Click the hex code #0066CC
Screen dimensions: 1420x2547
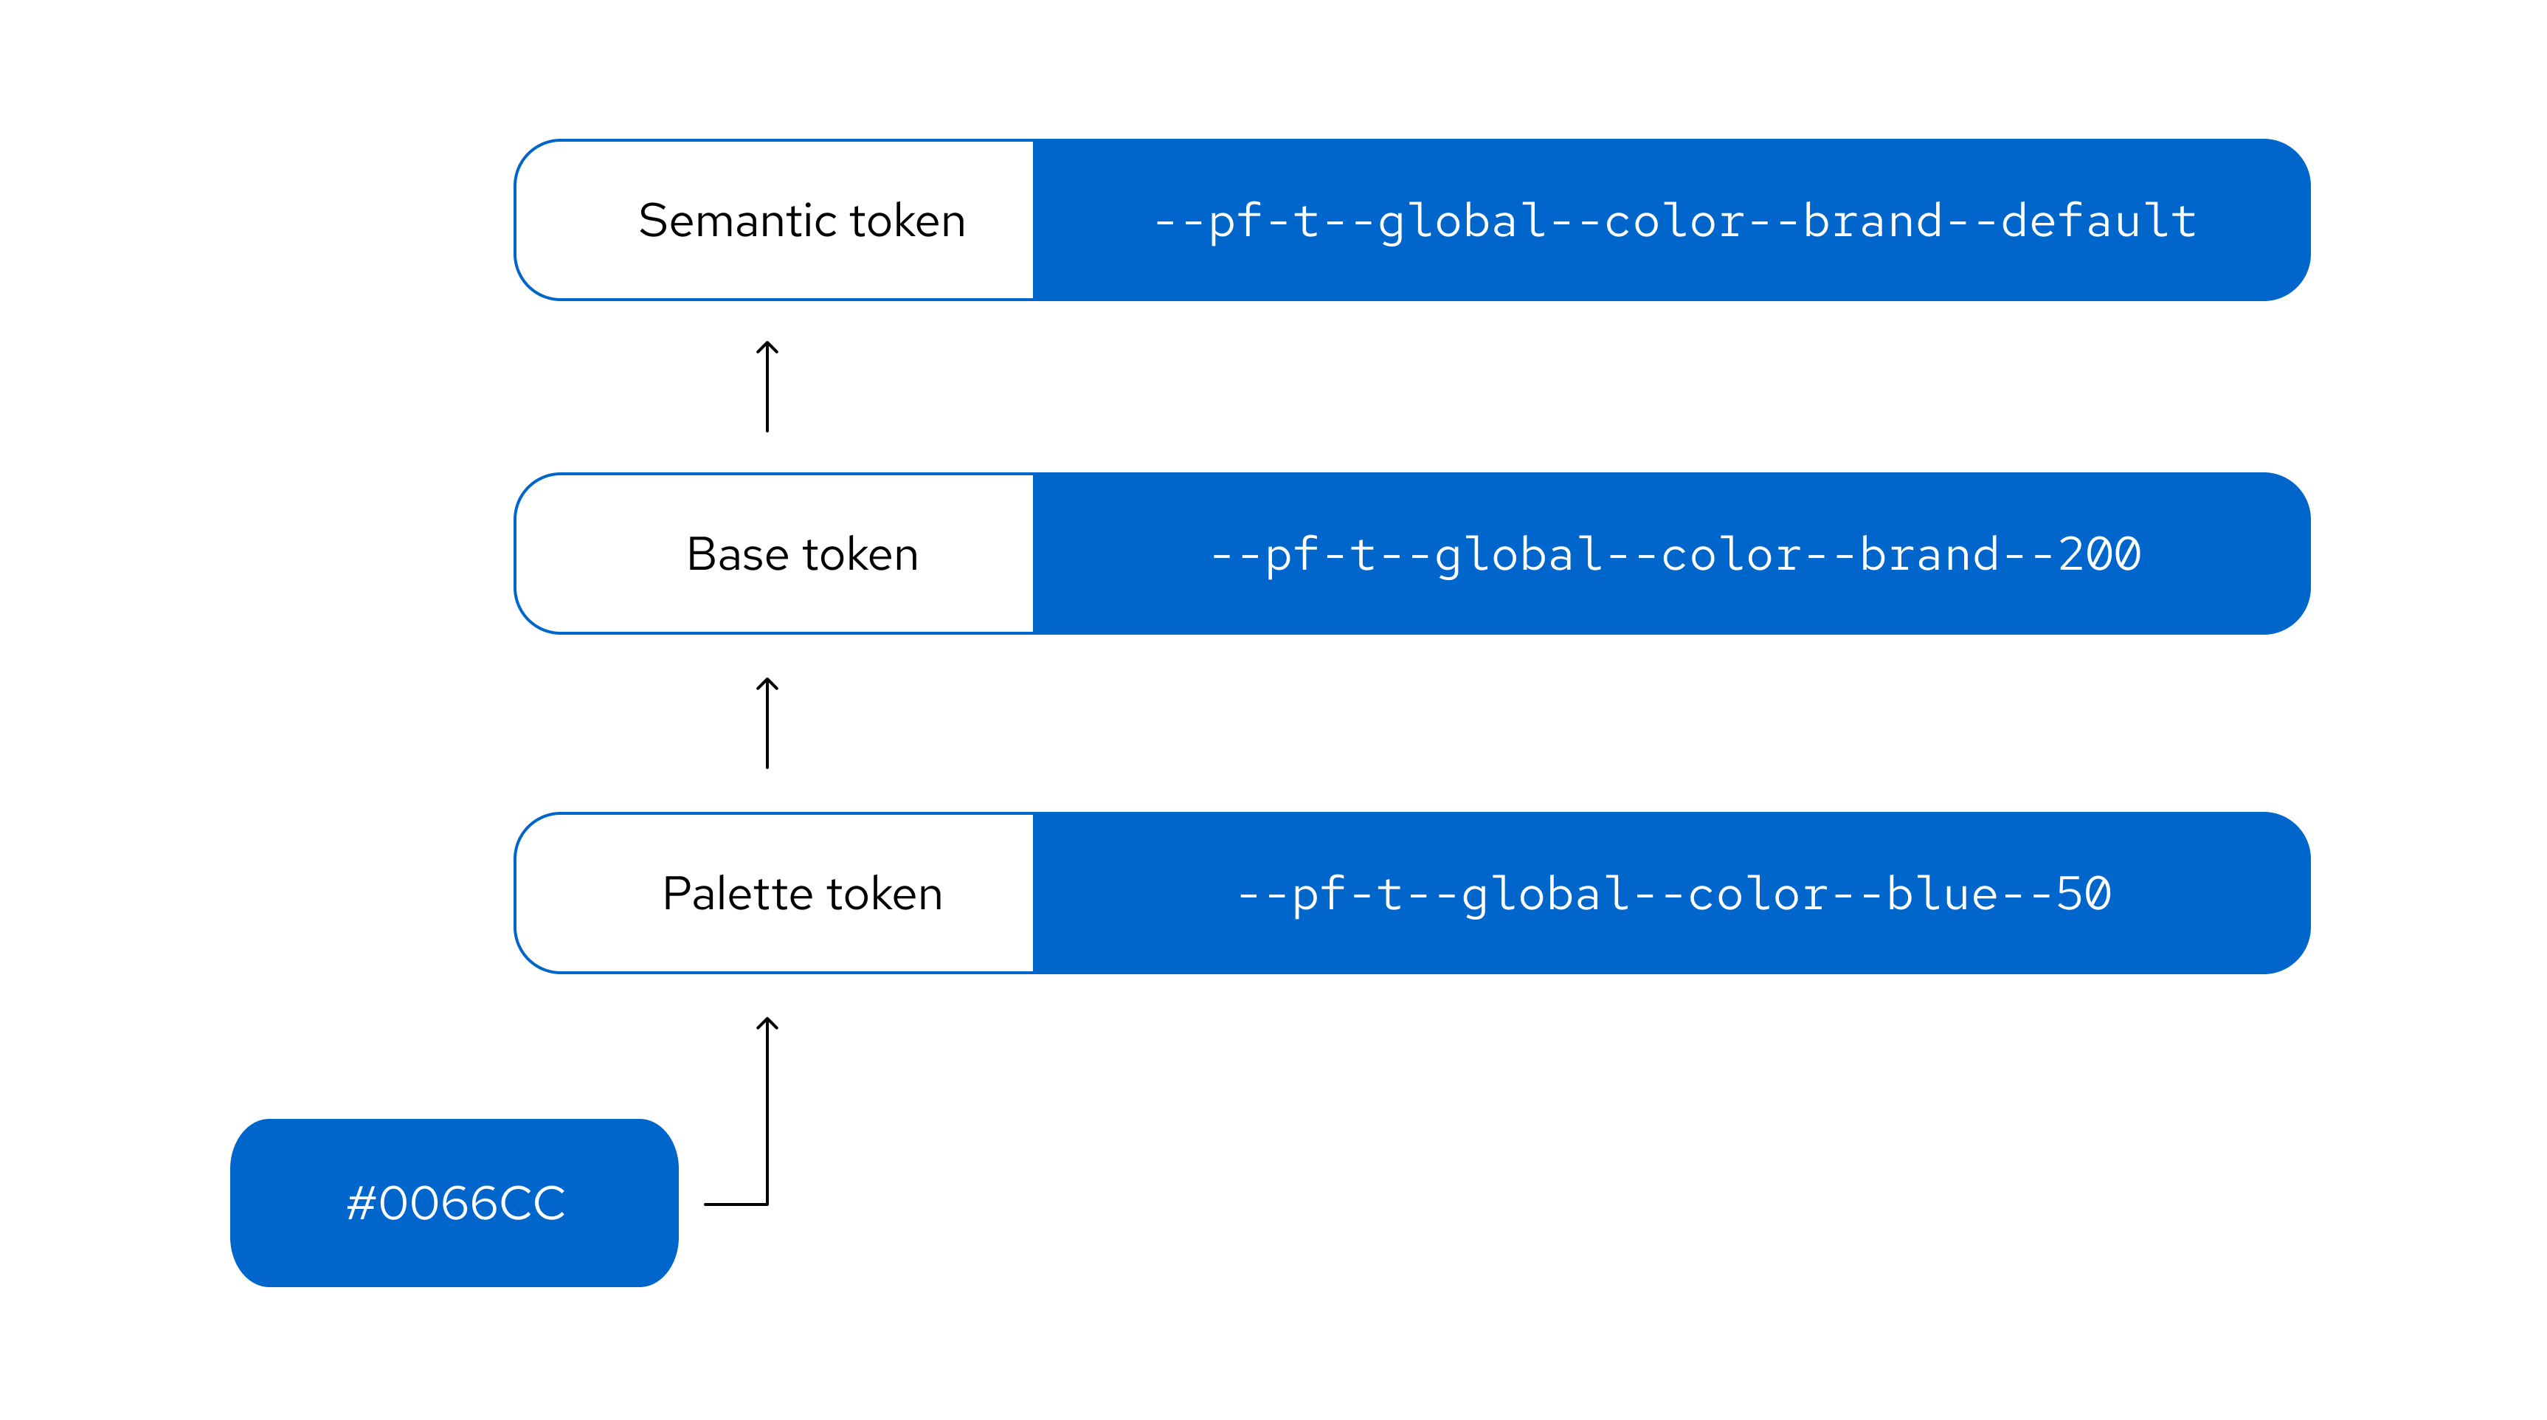coord(456,1204)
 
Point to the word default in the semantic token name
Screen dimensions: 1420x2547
coord(2098,221)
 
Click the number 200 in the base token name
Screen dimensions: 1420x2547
coord(2099,555)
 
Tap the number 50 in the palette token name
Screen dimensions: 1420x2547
coord(2084,894)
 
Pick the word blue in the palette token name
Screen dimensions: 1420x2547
coord(1942,894)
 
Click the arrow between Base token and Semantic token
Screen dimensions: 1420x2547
coord(767,387)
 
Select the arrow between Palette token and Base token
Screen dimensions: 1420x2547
coord(767,723)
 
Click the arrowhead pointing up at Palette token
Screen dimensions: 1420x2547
coord(767,1024)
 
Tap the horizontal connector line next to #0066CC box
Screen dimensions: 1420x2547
coord(735,1204)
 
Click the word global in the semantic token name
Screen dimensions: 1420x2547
coord(1462,221)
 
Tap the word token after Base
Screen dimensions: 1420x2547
coord(860,555)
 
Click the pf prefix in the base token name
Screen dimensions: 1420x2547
coord(1291,555)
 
